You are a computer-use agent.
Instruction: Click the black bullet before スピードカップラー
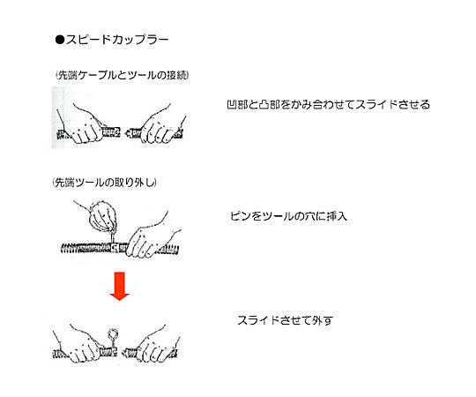tap(60, 40)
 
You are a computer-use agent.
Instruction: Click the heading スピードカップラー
tap(117, 40)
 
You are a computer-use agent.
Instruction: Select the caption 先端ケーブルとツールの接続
tap(123, 75)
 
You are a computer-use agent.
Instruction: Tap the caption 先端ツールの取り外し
tap(105, 183)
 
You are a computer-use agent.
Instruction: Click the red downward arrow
tap(120, 286)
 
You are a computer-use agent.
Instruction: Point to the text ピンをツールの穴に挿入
tap(288, 216)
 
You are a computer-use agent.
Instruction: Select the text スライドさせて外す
tap(285, 320)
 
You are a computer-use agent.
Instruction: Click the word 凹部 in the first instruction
tap(237, 104)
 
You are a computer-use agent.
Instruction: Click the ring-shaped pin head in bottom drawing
tap(113, 334)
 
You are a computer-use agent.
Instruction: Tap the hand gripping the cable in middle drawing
tap(150, 238)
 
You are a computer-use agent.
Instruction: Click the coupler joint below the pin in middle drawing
tap(115, 248)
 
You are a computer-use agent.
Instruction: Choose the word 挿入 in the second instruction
tap(337, 216)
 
